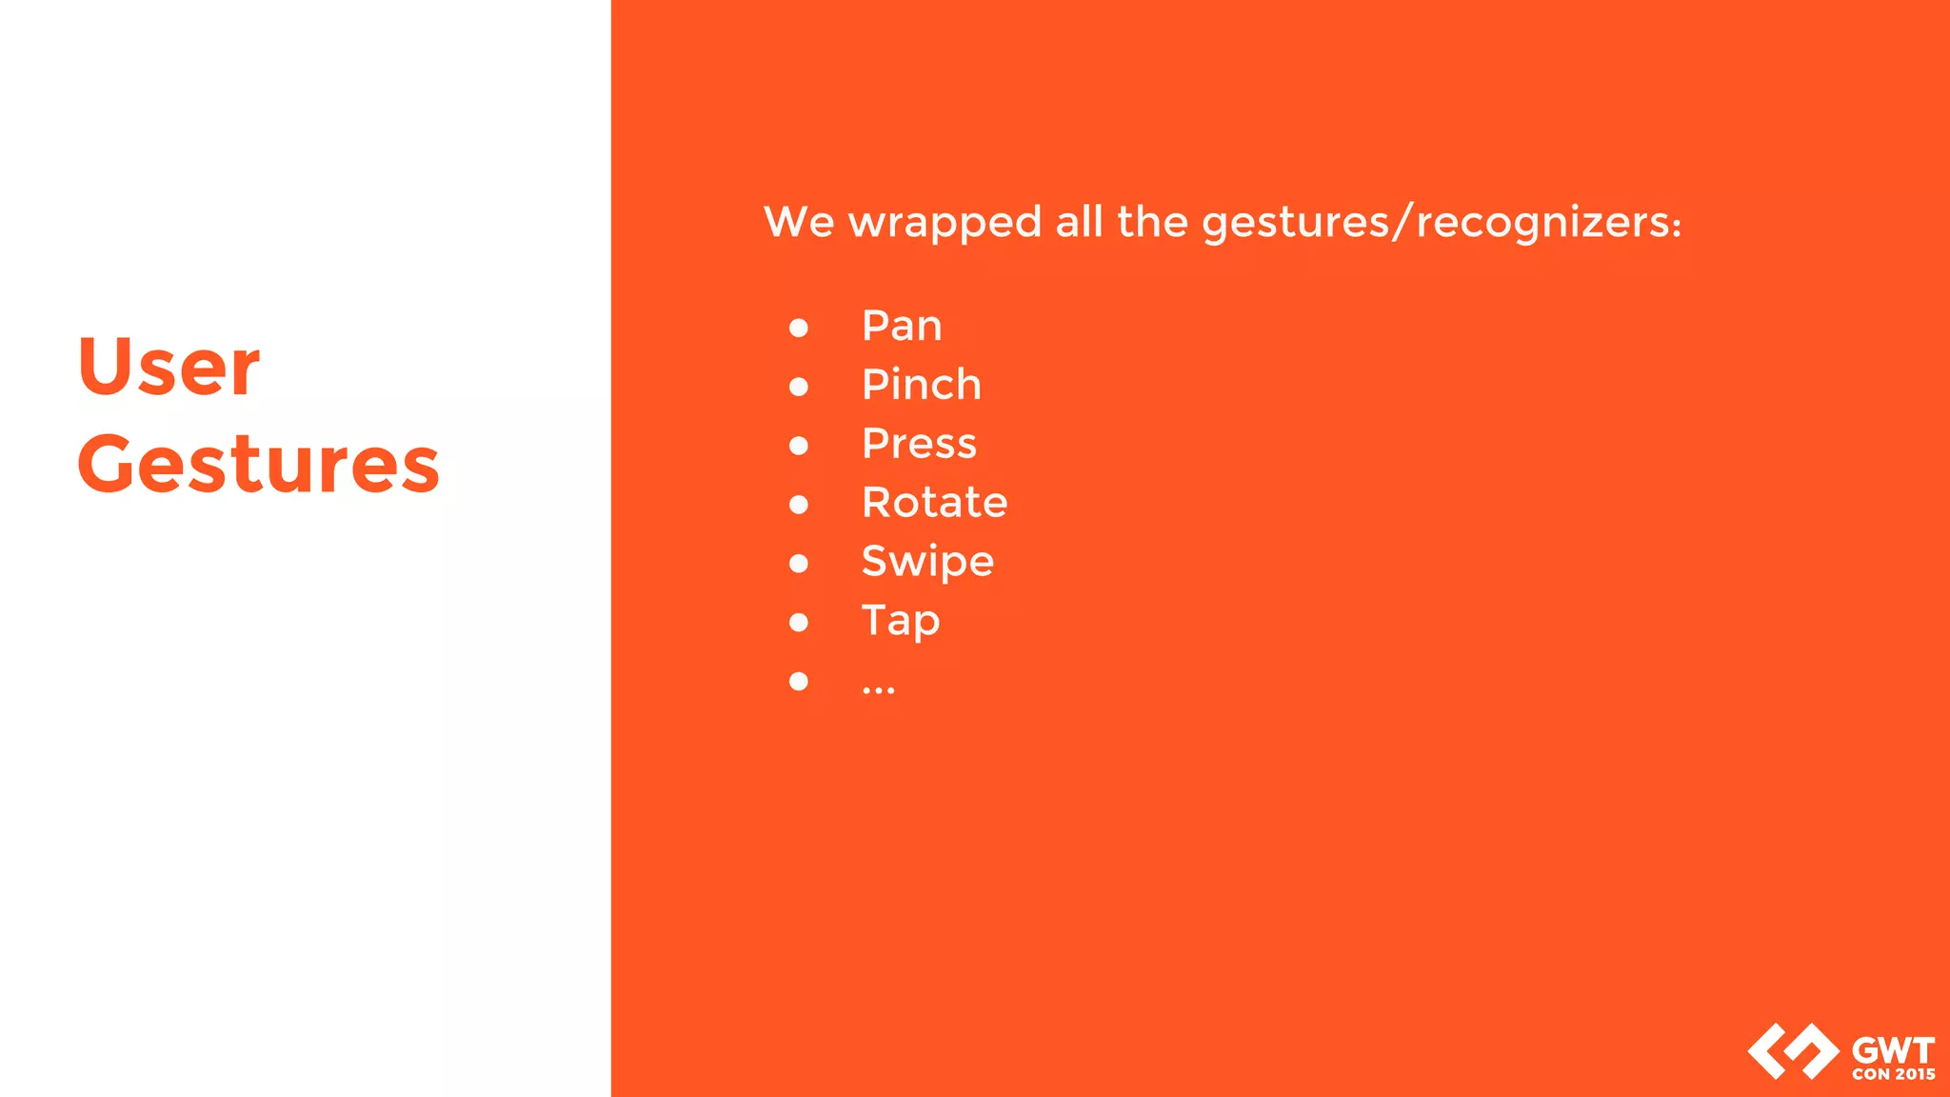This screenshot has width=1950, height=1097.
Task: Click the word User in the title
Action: (169, 368)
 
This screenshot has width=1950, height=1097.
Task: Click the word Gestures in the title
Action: (258, 466)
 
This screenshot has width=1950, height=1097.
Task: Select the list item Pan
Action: (902, 327)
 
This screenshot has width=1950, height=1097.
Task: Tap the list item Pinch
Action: (921, 385)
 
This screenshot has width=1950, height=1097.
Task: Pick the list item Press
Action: (919, 444)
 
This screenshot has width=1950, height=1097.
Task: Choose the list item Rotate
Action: (934, 503)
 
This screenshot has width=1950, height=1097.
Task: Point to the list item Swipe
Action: (927, 562)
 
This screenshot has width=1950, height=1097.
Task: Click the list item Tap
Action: (901, 621)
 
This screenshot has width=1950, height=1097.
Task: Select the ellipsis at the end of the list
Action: (878, 688)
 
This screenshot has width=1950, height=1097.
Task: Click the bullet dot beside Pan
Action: (799, 328)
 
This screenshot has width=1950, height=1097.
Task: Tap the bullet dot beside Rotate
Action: (799, 505)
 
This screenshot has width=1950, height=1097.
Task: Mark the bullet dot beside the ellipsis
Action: (799, 681)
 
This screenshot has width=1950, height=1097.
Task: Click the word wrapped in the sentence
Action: (945, 224)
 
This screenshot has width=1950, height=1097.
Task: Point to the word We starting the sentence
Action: (799, 222)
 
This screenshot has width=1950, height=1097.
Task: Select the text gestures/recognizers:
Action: (1442, 224)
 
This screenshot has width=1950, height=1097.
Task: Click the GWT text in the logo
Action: (1893, 1051)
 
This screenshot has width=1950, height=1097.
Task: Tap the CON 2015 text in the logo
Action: (1894, 1074)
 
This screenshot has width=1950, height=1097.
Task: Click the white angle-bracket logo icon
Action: (1793, 1051)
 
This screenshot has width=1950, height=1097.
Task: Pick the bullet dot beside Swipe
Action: (799, 564)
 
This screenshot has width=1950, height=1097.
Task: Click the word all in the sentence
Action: (1079, 222)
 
